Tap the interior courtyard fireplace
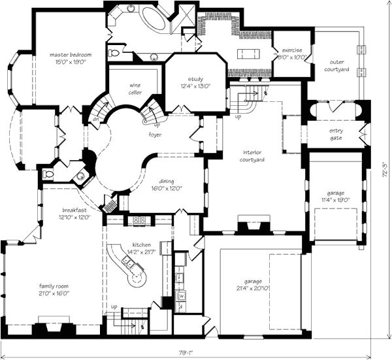click(251, 227)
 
